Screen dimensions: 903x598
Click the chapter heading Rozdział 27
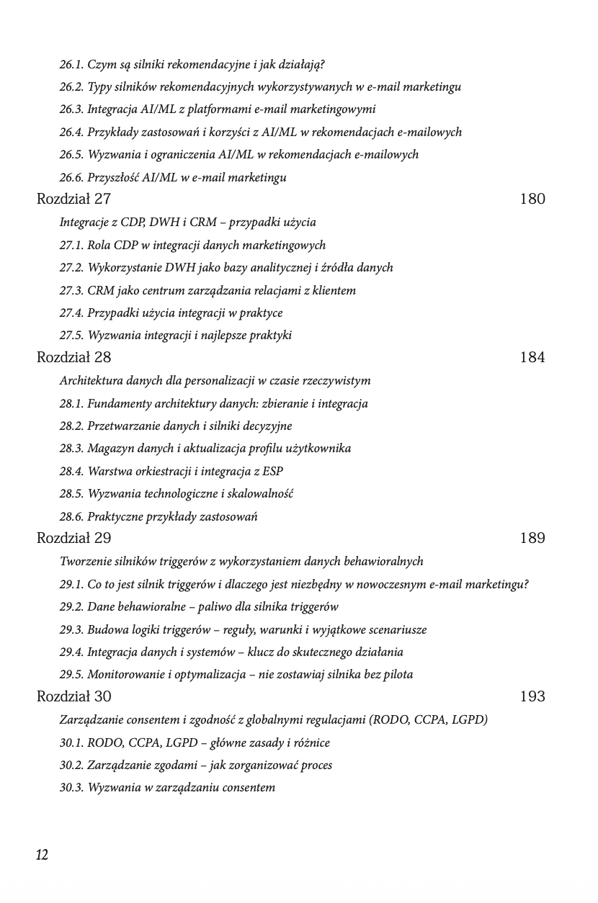click(73, 199)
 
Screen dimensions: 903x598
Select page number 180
click(532, 199)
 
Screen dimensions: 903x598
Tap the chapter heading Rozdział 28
click(73, 357)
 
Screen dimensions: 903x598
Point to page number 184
click(532, 357)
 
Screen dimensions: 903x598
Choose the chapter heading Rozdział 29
click(73, 538)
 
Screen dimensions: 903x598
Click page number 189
click(532, 538)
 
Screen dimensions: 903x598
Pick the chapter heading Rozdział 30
click(73, 696)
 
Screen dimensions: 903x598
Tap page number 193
click(532, 696)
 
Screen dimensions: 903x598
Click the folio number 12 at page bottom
click(42, 855)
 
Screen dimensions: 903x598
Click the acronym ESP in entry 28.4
click(272, 471)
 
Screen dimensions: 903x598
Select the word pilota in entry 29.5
click(397, 674)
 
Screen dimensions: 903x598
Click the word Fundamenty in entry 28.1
click(120, 403)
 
